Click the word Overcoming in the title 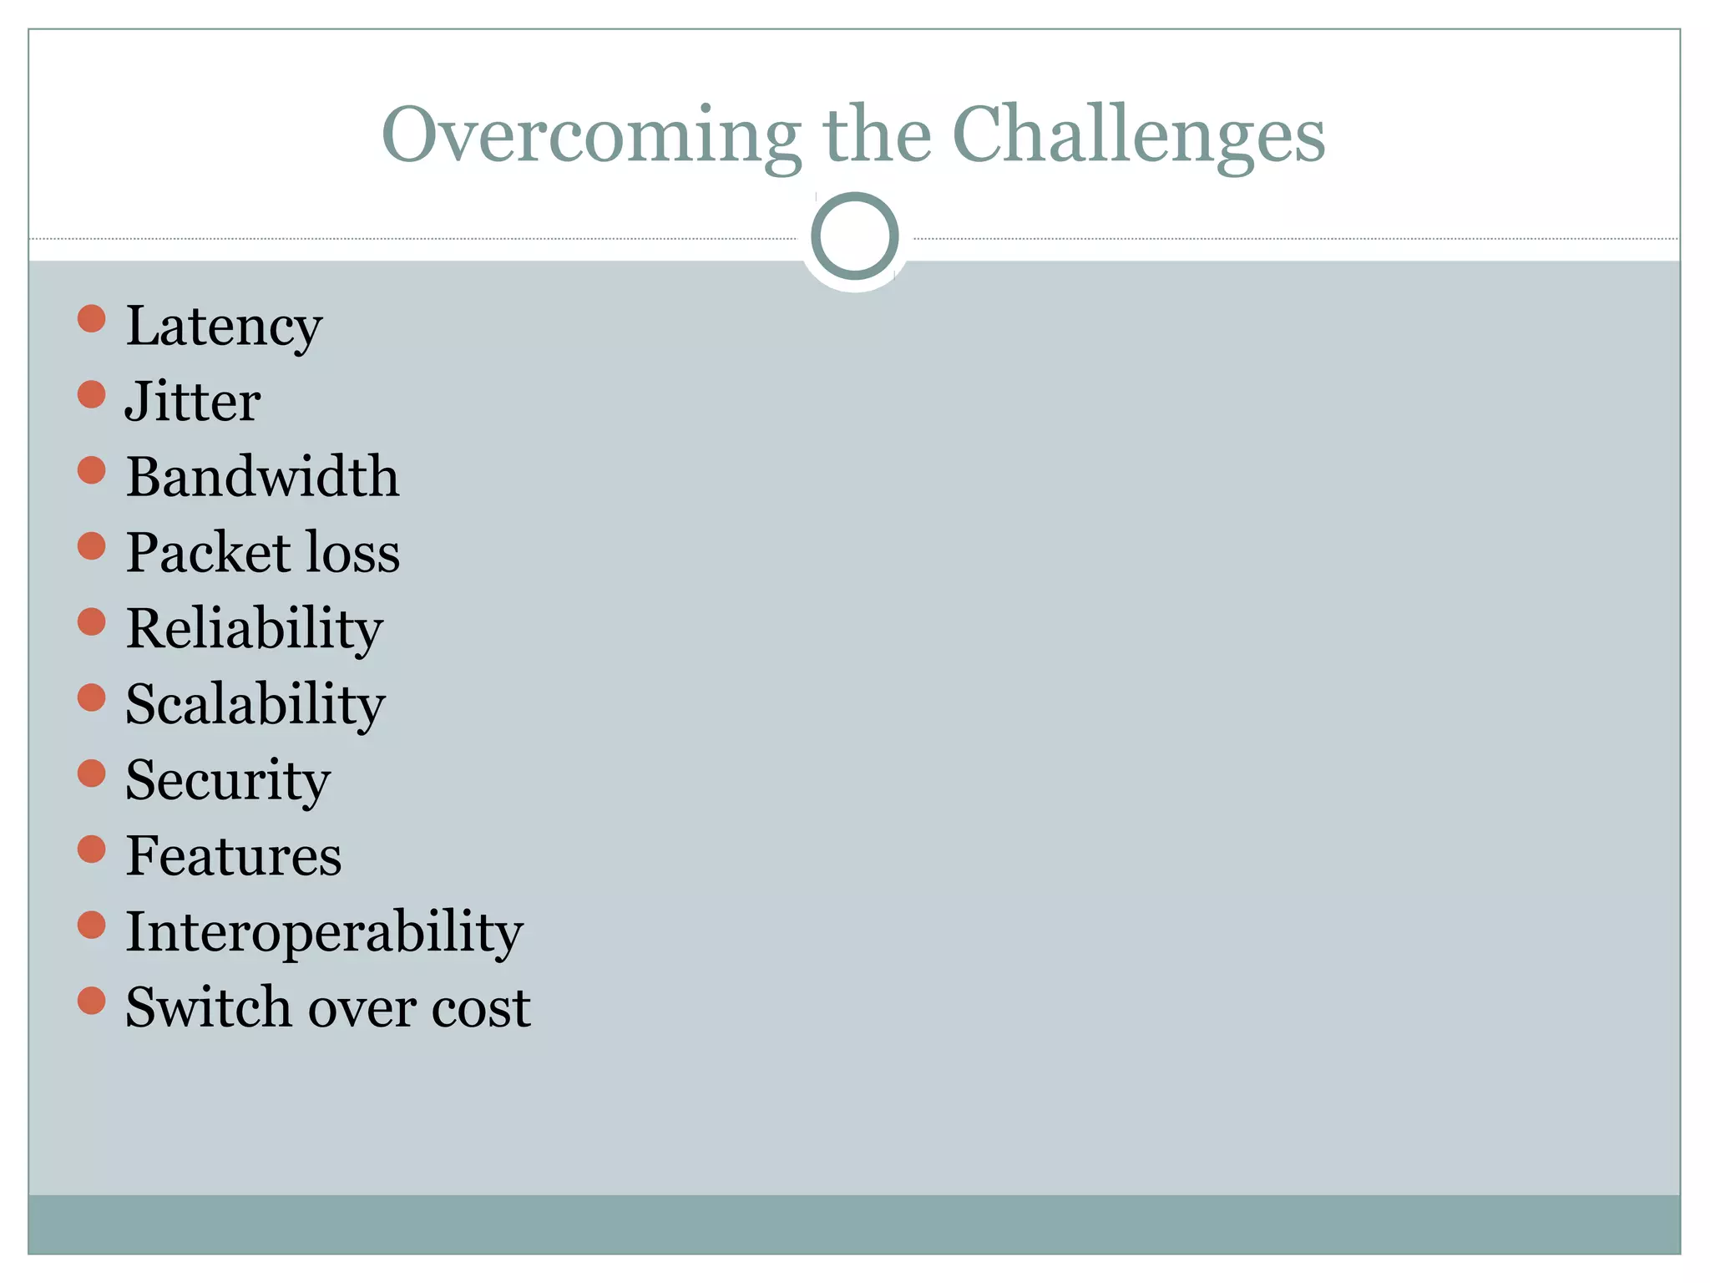point(591,135)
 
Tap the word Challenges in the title point(1138,135)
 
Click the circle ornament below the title point(854,236)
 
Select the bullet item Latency point(223,326)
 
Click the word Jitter point(193,402)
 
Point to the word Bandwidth point(262,477)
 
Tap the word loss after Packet point(353,553)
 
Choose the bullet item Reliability point(254,629)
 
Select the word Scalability point(255,704)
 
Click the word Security point(228,780)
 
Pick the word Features point(234,856)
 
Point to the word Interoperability point(324,931)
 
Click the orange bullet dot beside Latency point(91,318)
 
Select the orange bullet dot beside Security point(91,773)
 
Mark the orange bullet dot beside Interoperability point(91,925)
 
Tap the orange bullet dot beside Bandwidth point(91,470)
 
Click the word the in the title point(877,135)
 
